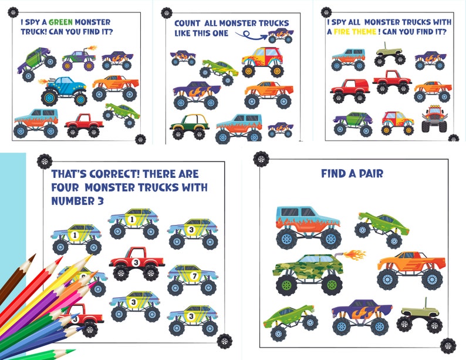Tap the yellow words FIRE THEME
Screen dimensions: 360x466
358,32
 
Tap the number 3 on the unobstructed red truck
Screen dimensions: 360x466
136,262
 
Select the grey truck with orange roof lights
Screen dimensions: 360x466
434,119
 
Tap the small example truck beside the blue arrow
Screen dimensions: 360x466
281,36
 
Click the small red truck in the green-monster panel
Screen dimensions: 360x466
84,125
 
